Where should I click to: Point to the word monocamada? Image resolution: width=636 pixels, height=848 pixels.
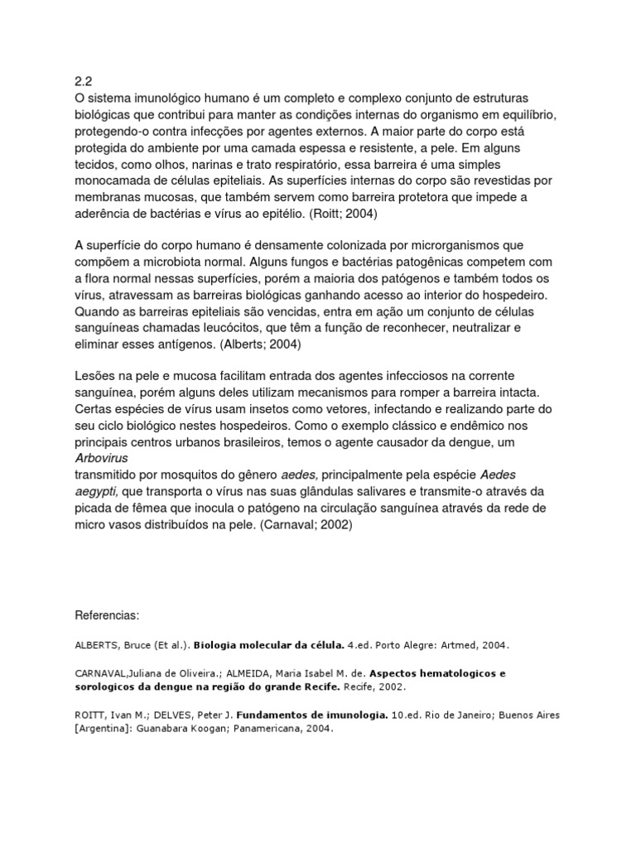[116, 180]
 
